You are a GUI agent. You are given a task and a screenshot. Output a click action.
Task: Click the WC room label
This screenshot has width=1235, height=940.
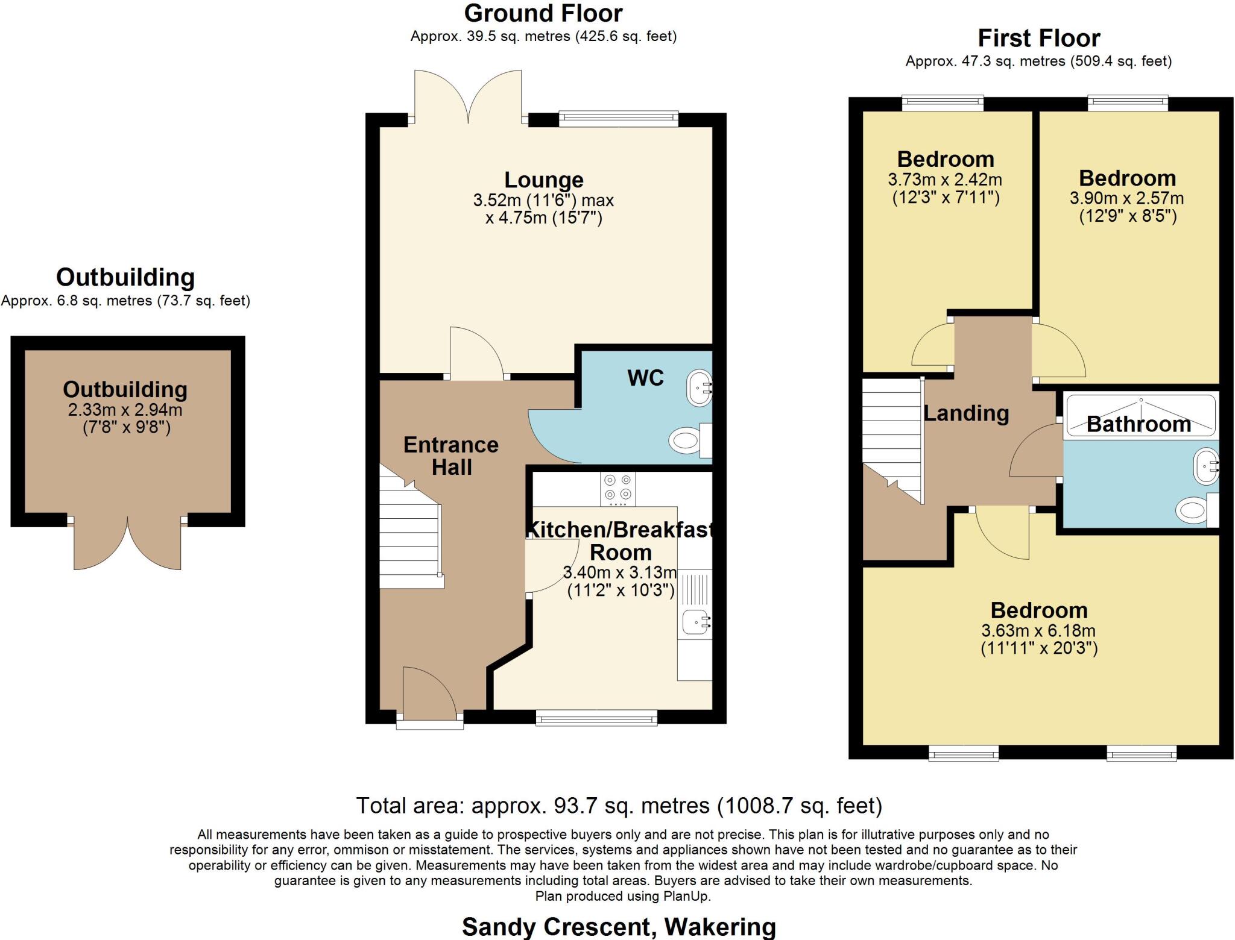[x=645, y=378]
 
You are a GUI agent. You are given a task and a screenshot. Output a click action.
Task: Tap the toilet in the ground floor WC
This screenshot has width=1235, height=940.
[x=690, y=440]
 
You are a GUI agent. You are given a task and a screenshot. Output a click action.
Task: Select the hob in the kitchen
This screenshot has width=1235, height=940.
[x=617, y=489]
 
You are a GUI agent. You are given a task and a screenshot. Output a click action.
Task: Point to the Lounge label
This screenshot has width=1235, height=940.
[x=544, y=180]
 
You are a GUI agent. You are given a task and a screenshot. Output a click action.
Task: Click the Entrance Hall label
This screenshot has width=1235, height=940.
[x=451, y=456]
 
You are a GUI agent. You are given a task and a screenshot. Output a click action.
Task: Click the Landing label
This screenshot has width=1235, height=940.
[x=966, y=413]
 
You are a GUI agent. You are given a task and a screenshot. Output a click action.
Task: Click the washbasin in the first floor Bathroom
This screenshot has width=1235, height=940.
[x=1206, y=466]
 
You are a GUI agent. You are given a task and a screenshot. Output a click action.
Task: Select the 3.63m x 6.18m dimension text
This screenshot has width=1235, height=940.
[x=1038, y=631]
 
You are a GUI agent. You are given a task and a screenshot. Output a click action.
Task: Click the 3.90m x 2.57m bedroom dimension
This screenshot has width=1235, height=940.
[x=1126, y=198]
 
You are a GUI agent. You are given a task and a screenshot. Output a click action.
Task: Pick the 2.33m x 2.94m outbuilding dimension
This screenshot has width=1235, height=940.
[x=125, y=410]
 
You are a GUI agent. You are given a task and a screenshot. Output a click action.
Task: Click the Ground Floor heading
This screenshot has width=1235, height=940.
[x=543, y=13]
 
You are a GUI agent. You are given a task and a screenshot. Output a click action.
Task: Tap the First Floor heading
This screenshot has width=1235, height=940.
[x=1038, y=38]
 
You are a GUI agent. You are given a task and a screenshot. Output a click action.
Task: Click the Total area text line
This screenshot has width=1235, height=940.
[x=619, y=806]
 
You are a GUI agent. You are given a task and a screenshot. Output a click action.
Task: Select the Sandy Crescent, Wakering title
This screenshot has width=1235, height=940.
[x=619, y=927]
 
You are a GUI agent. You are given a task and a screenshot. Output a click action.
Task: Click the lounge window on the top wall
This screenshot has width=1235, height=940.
[x=618, y=119]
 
